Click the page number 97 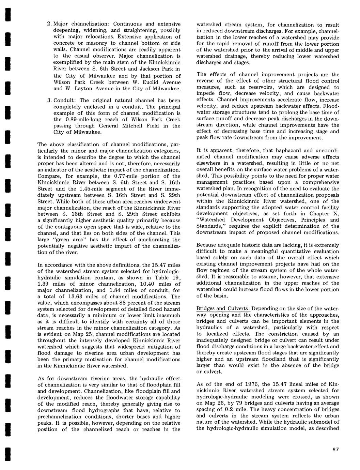335,450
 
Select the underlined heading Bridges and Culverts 223,308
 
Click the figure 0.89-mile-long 81,120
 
